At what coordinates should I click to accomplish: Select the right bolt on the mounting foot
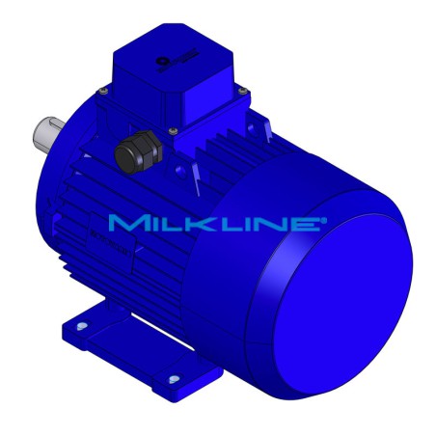(174, 377)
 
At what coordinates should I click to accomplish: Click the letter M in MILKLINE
(123, 224)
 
